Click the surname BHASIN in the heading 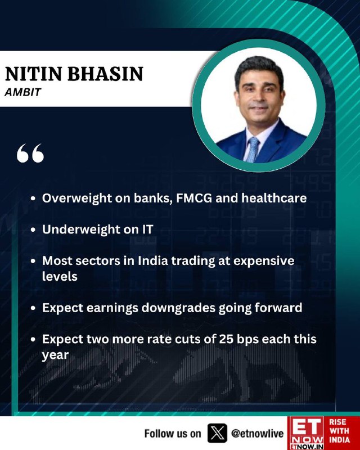[x=105, y=74]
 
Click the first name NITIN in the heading [x=34, y=74]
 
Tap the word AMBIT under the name [x=23, y=92]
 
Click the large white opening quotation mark [x=30, y=153]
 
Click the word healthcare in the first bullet [x=274, y=198]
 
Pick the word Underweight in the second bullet [x=77, y=229]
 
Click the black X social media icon [x=217, y=433]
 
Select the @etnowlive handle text [x=257, y=433]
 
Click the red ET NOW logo [x=306, y=433]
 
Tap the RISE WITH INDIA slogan [x=339, y=431]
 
